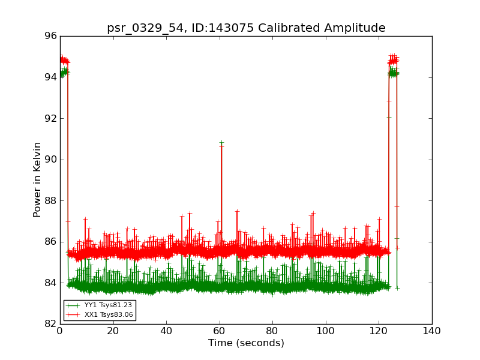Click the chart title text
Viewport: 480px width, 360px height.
coord(246,28)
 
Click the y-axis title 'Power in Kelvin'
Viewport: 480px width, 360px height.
coord(37,179)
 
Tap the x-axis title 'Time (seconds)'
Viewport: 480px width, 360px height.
coord(246,343)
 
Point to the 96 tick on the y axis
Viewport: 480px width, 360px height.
coord(50,36)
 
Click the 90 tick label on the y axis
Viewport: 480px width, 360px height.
coord(50,160)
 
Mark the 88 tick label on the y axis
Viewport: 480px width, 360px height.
coord(50,200)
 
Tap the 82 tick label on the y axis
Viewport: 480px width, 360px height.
coord(50,324)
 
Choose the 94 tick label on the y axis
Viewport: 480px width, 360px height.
coord(50,77)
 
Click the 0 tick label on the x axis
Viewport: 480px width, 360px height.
coord(59,331)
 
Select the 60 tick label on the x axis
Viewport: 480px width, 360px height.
coord(219,331)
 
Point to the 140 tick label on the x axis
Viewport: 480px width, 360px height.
coord(431,331)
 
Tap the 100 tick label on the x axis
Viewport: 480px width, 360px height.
coord(325,331)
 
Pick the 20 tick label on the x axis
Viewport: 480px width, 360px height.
coord(113,331)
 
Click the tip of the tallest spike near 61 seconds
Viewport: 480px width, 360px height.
coord(221,142)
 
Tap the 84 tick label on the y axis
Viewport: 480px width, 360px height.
coord(50,283)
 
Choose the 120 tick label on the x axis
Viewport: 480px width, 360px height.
coord(379,331)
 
